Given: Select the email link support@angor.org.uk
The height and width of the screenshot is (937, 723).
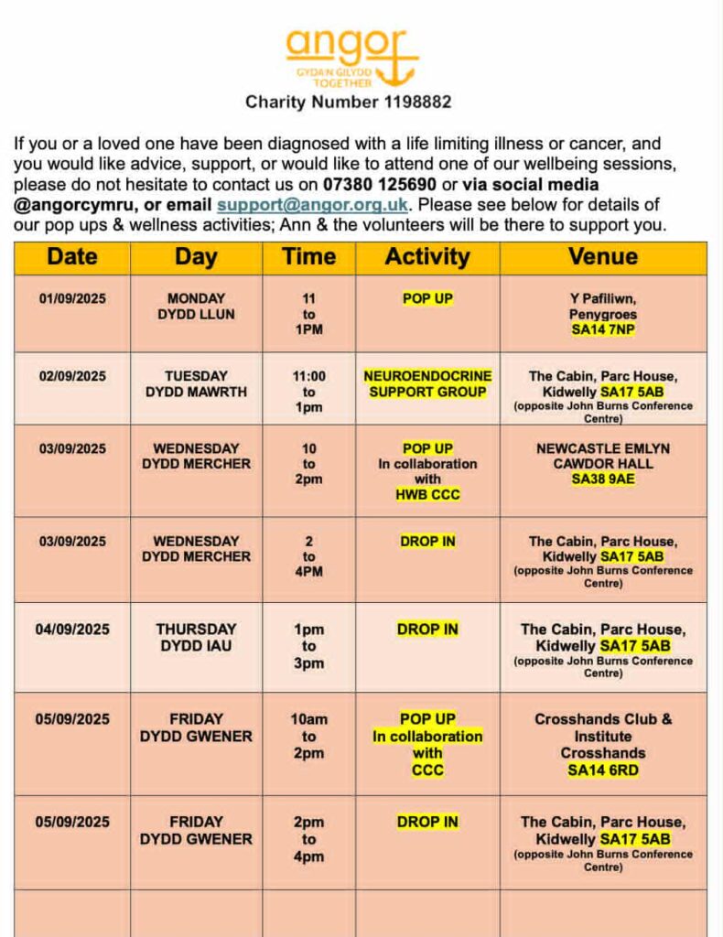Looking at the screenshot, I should pos(314,204).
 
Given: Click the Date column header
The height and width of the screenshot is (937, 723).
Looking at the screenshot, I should pos(72,257).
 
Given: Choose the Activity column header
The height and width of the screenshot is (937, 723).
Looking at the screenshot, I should pos(427,257).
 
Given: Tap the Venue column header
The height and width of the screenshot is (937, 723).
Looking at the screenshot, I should pos(603,257).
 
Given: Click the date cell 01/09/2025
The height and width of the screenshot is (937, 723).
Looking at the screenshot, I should pos(72,298).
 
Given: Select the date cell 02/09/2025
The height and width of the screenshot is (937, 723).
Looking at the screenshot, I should pos(72,376).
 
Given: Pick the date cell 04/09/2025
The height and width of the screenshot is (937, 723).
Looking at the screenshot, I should pos(72,630).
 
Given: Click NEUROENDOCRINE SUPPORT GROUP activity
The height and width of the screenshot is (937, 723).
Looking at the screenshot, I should pos(427,383).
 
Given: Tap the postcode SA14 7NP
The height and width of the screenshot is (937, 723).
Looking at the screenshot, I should pos(603,330).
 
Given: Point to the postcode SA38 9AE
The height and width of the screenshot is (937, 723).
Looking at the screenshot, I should pos(603,479).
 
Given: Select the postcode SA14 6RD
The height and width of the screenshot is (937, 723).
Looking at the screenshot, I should pos(603,770).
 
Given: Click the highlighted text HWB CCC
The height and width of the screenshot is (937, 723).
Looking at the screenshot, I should pos(427,495).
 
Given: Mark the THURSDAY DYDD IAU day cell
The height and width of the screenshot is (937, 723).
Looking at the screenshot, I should pos(196,637).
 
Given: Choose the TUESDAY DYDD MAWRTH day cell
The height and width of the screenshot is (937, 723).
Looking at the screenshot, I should pos(196,383).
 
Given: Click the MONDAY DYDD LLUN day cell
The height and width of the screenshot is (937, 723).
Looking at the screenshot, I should pos(196,306).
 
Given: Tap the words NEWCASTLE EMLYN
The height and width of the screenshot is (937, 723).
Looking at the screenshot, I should pos(603,448).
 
